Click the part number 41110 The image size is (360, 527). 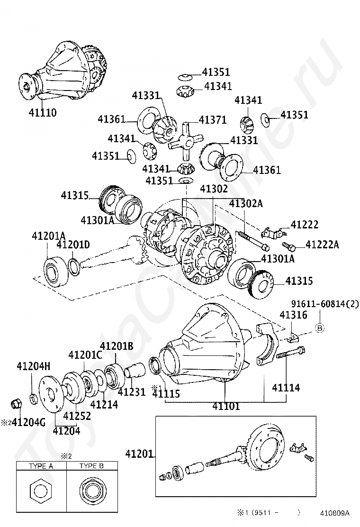(43, 113)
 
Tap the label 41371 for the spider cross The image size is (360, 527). (212, 120)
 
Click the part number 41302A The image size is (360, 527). (246, 203)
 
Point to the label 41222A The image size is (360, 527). (323, 245)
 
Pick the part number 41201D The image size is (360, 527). (73, 245)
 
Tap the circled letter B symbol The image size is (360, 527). (319, 328)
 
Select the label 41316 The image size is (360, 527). (293, 315)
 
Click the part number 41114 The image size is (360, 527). (286, 388)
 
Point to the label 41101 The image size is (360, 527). (226, 406)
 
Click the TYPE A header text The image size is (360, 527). (41, 466)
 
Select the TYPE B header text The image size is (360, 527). (91, 466)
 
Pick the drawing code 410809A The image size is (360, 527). (334, 513)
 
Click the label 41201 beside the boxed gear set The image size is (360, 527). (139, 454)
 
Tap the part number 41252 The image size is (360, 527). (77, 416)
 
